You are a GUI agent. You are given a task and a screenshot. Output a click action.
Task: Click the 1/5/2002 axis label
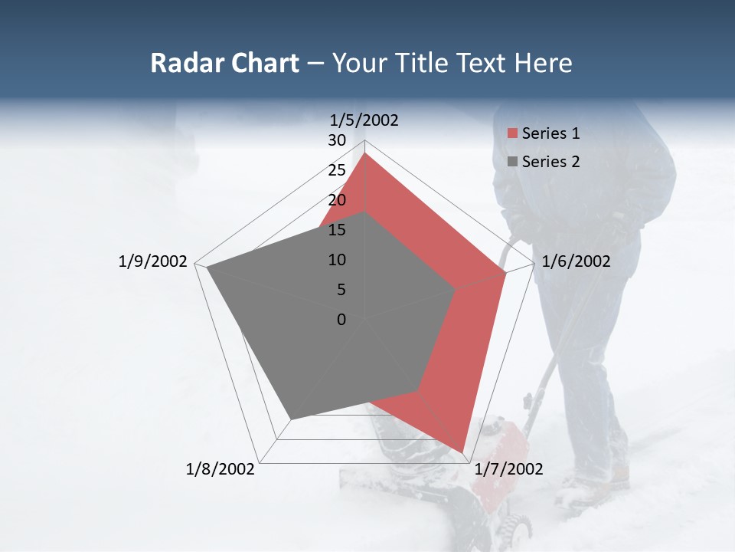tap(364, 120)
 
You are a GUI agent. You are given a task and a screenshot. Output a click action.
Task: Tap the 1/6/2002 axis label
tap(576, 261)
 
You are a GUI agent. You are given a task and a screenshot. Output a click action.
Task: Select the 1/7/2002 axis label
tap(508, 469)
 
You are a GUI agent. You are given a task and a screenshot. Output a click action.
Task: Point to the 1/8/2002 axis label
tap(220, 469)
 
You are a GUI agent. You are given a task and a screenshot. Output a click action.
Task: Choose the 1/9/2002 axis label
tap(153, 261)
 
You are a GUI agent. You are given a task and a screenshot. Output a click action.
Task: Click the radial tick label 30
tap(337, 140)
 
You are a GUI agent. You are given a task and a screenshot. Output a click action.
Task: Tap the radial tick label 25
tap(337, 170)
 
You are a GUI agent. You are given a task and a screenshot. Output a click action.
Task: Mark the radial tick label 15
tap(337, 230)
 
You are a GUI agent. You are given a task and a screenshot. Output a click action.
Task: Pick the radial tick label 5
tap(341, 290)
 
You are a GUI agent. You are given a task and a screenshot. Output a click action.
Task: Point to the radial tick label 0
tap(341, 320)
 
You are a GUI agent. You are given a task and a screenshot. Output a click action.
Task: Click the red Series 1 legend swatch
tap(512, 134)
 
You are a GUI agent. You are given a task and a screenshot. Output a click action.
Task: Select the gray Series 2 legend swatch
tap(512, 162)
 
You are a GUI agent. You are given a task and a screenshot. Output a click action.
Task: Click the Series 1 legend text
tap(550, 133)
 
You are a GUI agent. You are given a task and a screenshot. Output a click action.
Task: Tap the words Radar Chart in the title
tap(224, 63)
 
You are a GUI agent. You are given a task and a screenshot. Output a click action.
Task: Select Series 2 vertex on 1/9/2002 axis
tap(207, 267)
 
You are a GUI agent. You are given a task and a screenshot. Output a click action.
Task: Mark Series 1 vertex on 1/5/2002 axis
tap(365, 153)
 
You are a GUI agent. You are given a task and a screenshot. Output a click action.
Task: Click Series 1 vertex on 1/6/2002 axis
tap(506, 272)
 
